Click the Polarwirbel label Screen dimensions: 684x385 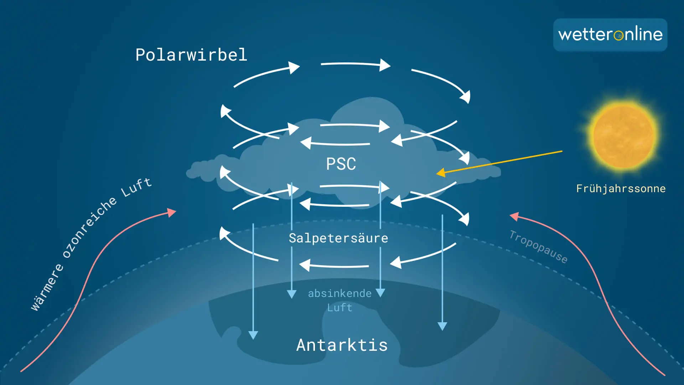(x=191, y=55)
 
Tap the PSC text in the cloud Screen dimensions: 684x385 (x=341, y=164)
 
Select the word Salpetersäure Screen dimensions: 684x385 (x=338, y=238)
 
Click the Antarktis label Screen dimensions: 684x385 (x=342, y=345)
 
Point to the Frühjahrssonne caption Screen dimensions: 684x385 (x=621, y=189)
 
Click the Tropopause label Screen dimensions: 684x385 (x=538, y=247)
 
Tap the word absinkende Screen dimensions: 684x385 (x=340, y=293)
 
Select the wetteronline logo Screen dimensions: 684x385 (x=610, y=35)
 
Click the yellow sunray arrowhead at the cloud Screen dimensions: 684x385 (x=441, y=173)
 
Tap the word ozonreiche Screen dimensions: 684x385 (x=89, y=227)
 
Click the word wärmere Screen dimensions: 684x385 (x=47, y=287)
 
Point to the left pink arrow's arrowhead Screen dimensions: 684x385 (x=172, y=212)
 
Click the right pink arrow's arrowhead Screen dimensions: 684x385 (x=514, y=216)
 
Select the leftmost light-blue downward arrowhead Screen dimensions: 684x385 (x=253, y=335)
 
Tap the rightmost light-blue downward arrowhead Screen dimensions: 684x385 (x=442, y=326)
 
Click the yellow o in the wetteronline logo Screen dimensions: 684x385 (x=618, y=35)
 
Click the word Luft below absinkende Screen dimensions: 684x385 (x=340, y=308)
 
